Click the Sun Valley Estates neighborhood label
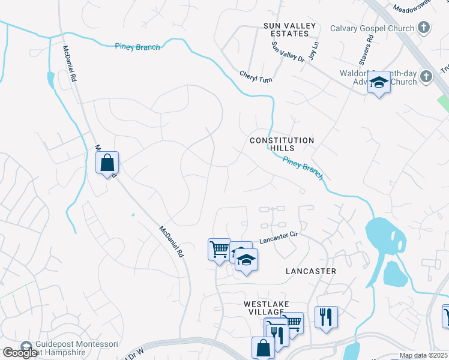[289, 30]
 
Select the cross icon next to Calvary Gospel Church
[424, 28]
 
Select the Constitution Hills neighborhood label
[282, 145]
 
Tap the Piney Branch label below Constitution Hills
[303, 168]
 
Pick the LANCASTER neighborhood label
[310, 271]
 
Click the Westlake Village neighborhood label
[263, 308]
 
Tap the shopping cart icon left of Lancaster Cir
[219, 248]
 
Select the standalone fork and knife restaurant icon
[326, 317]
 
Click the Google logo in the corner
[20, 353]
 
